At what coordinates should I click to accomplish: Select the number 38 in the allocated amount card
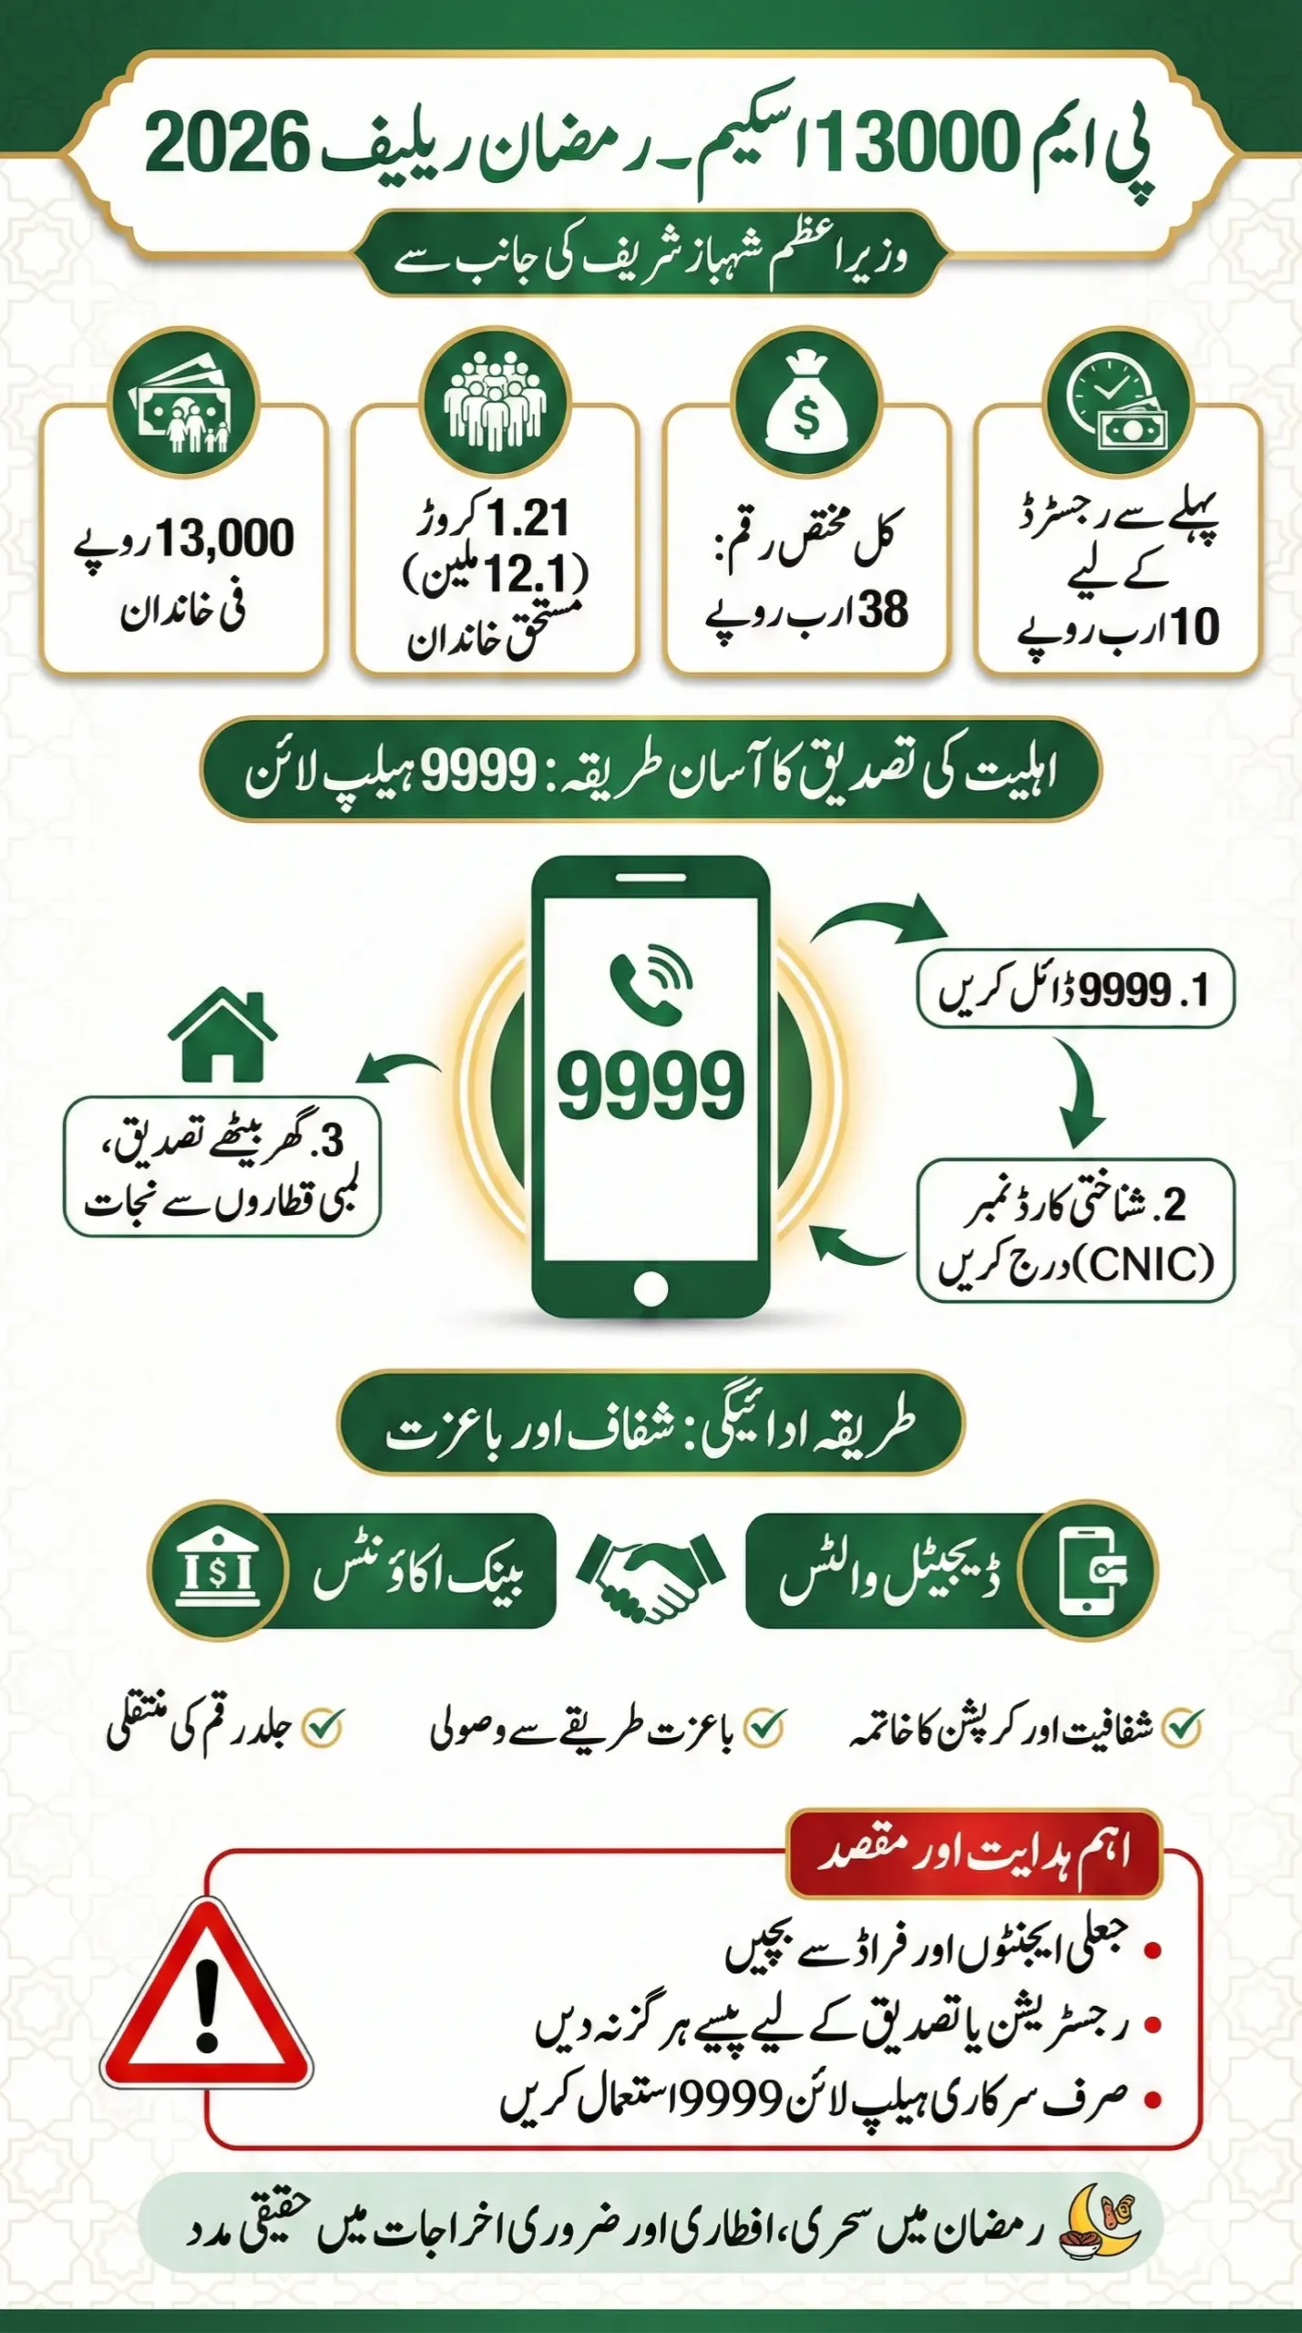coord(883,610)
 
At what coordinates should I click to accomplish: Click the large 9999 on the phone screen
coord(651,1085)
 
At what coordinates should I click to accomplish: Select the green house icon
coord(222,1036)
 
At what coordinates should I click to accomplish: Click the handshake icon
coord(651,1575)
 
